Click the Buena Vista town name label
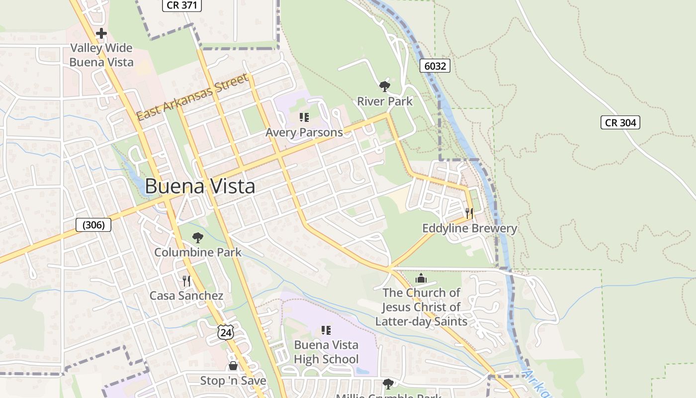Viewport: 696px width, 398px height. point(200,186)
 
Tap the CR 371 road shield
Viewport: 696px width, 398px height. point(181,5)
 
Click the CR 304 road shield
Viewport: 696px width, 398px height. point(620,122)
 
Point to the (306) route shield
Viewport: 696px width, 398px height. point(93,225)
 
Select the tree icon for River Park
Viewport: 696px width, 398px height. point(384,87)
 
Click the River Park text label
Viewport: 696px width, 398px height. point(385,101)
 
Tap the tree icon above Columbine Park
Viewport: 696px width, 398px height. point(198,237)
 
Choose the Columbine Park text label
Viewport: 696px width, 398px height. point(198,252)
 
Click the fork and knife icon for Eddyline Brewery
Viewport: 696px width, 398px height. point(469,213)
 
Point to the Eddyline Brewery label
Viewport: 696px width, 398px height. point(469,228)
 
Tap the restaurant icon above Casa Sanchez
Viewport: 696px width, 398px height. point(186,281)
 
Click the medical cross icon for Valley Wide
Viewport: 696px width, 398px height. point(101,34)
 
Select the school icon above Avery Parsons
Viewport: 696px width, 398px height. point(304,117)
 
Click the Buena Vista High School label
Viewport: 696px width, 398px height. point(326,352)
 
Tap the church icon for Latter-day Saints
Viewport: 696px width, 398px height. point(421,278)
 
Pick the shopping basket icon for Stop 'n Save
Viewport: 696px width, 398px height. point(233,366)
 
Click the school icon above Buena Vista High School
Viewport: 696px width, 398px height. point(326,330)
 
